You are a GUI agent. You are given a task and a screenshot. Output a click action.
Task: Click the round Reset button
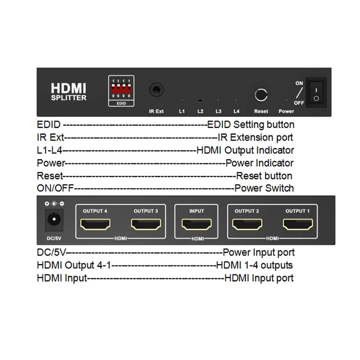point(261,95)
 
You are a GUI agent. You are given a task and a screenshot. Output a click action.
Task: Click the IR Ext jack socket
point(156,90)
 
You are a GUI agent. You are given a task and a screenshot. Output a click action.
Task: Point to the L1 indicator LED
point(182,102)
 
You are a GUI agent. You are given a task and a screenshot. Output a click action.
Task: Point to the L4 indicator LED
point(235,102)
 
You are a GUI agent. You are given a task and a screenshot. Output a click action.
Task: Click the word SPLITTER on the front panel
point(68,98)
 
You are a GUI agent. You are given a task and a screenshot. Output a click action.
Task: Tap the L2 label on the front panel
point(200,111)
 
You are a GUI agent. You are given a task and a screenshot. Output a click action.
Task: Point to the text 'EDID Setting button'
point(251,125)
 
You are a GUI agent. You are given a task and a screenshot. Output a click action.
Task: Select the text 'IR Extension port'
point(255,137)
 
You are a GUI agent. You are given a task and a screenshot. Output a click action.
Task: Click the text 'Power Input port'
point(259,252)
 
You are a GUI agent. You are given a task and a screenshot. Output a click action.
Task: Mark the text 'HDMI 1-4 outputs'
point(254,265)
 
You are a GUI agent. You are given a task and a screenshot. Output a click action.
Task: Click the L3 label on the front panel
point(218,111)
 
